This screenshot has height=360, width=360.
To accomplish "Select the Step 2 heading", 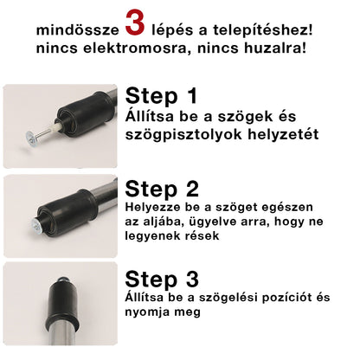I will (163, 190).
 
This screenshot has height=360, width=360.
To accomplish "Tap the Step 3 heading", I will (162, 279).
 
